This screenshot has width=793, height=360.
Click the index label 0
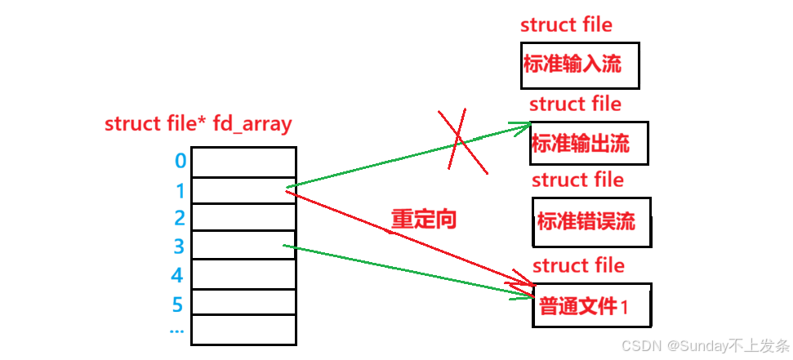coord(180,161)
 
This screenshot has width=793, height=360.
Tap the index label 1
coord(180,191)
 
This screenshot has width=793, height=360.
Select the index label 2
coord(180,218)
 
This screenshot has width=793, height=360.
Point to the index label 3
coord(180,246)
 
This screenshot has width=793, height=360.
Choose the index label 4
coord(177,275)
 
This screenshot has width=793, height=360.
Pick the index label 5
coord(177,304)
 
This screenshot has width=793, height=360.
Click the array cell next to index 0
coord(243,162)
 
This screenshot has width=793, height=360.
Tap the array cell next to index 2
coord(243,217)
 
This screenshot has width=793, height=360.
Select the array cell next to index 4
coord(243,273)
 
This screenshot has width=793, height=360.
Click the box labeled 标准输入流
coord(579,65)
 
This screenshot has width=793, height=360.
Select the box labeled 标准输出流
coord(588,143)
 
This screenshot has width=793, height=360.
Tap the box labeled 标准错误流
coord(591,220)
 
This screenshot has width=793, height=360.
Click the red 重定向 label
coord(423,218)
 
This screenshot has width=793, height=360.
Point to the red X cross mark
coord(463,140)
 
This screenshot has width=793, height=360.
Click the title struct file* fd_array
coord(198,124)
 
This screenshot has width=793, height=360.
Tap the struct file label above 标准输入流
coord(566,24)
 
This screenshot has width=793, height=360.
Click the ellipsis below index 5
coord(176,331)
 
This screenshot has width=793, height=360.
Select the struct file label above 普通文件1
coord(578,265)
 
